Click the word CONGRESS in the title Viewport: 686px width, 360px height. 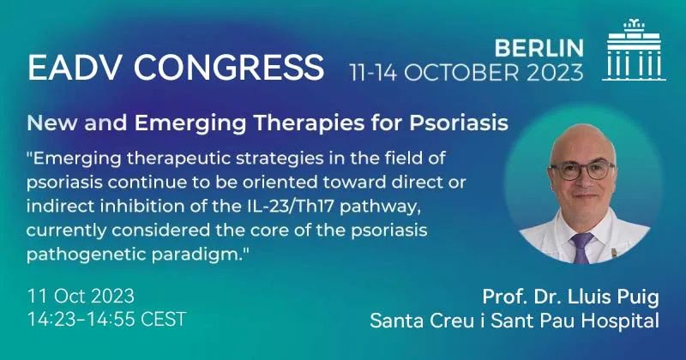coord(229,67)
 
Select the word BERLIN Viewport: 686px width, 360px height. coord(539,48)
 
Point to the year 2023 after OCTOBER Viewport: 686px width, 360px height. coord(555,73)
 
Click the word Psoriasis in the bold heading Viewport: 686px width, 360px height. coord(459,123)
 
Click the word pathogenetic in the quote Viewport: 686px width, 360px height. coord(87,255)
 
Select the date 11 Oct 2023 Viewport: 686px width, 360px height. coord(81,296)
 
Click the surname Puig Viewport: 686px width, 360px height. coord(640,298)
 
